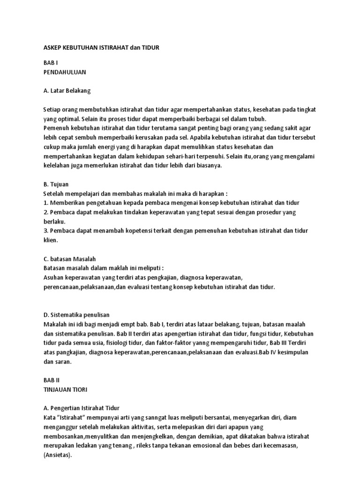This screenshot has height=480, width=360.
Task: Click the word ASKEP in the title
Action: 52,48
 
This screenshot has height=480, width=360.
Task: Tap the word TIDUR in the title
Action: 150,48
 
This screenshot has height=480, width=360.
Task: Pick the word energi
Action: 119,147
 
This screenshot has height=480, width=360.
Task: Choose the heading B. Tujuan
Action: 56,184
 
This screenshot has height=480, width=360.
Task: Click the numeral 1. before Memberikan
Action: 45,202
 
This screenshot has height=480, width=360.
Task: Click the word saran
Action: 65,361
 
